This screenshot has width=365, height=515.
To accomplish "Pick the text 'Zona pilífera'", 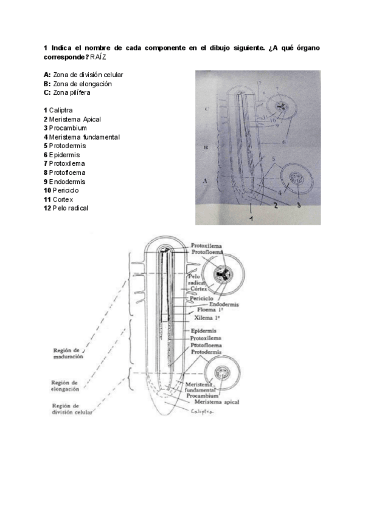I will click(78, 92).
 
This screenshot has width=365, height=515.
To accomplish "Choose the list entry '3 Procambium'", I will click(65, 128).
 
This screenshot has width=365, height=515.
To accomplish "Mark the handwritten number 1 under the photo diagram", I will click(251, 216).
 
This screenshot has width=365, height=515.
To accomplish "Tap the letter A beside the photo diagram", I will click(206, 180).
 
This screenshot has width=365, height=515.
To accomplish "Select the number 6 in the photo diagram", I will click(283, 141).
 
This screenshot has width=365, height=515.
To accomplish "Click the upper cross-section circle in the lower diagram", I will click(223, 276).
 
